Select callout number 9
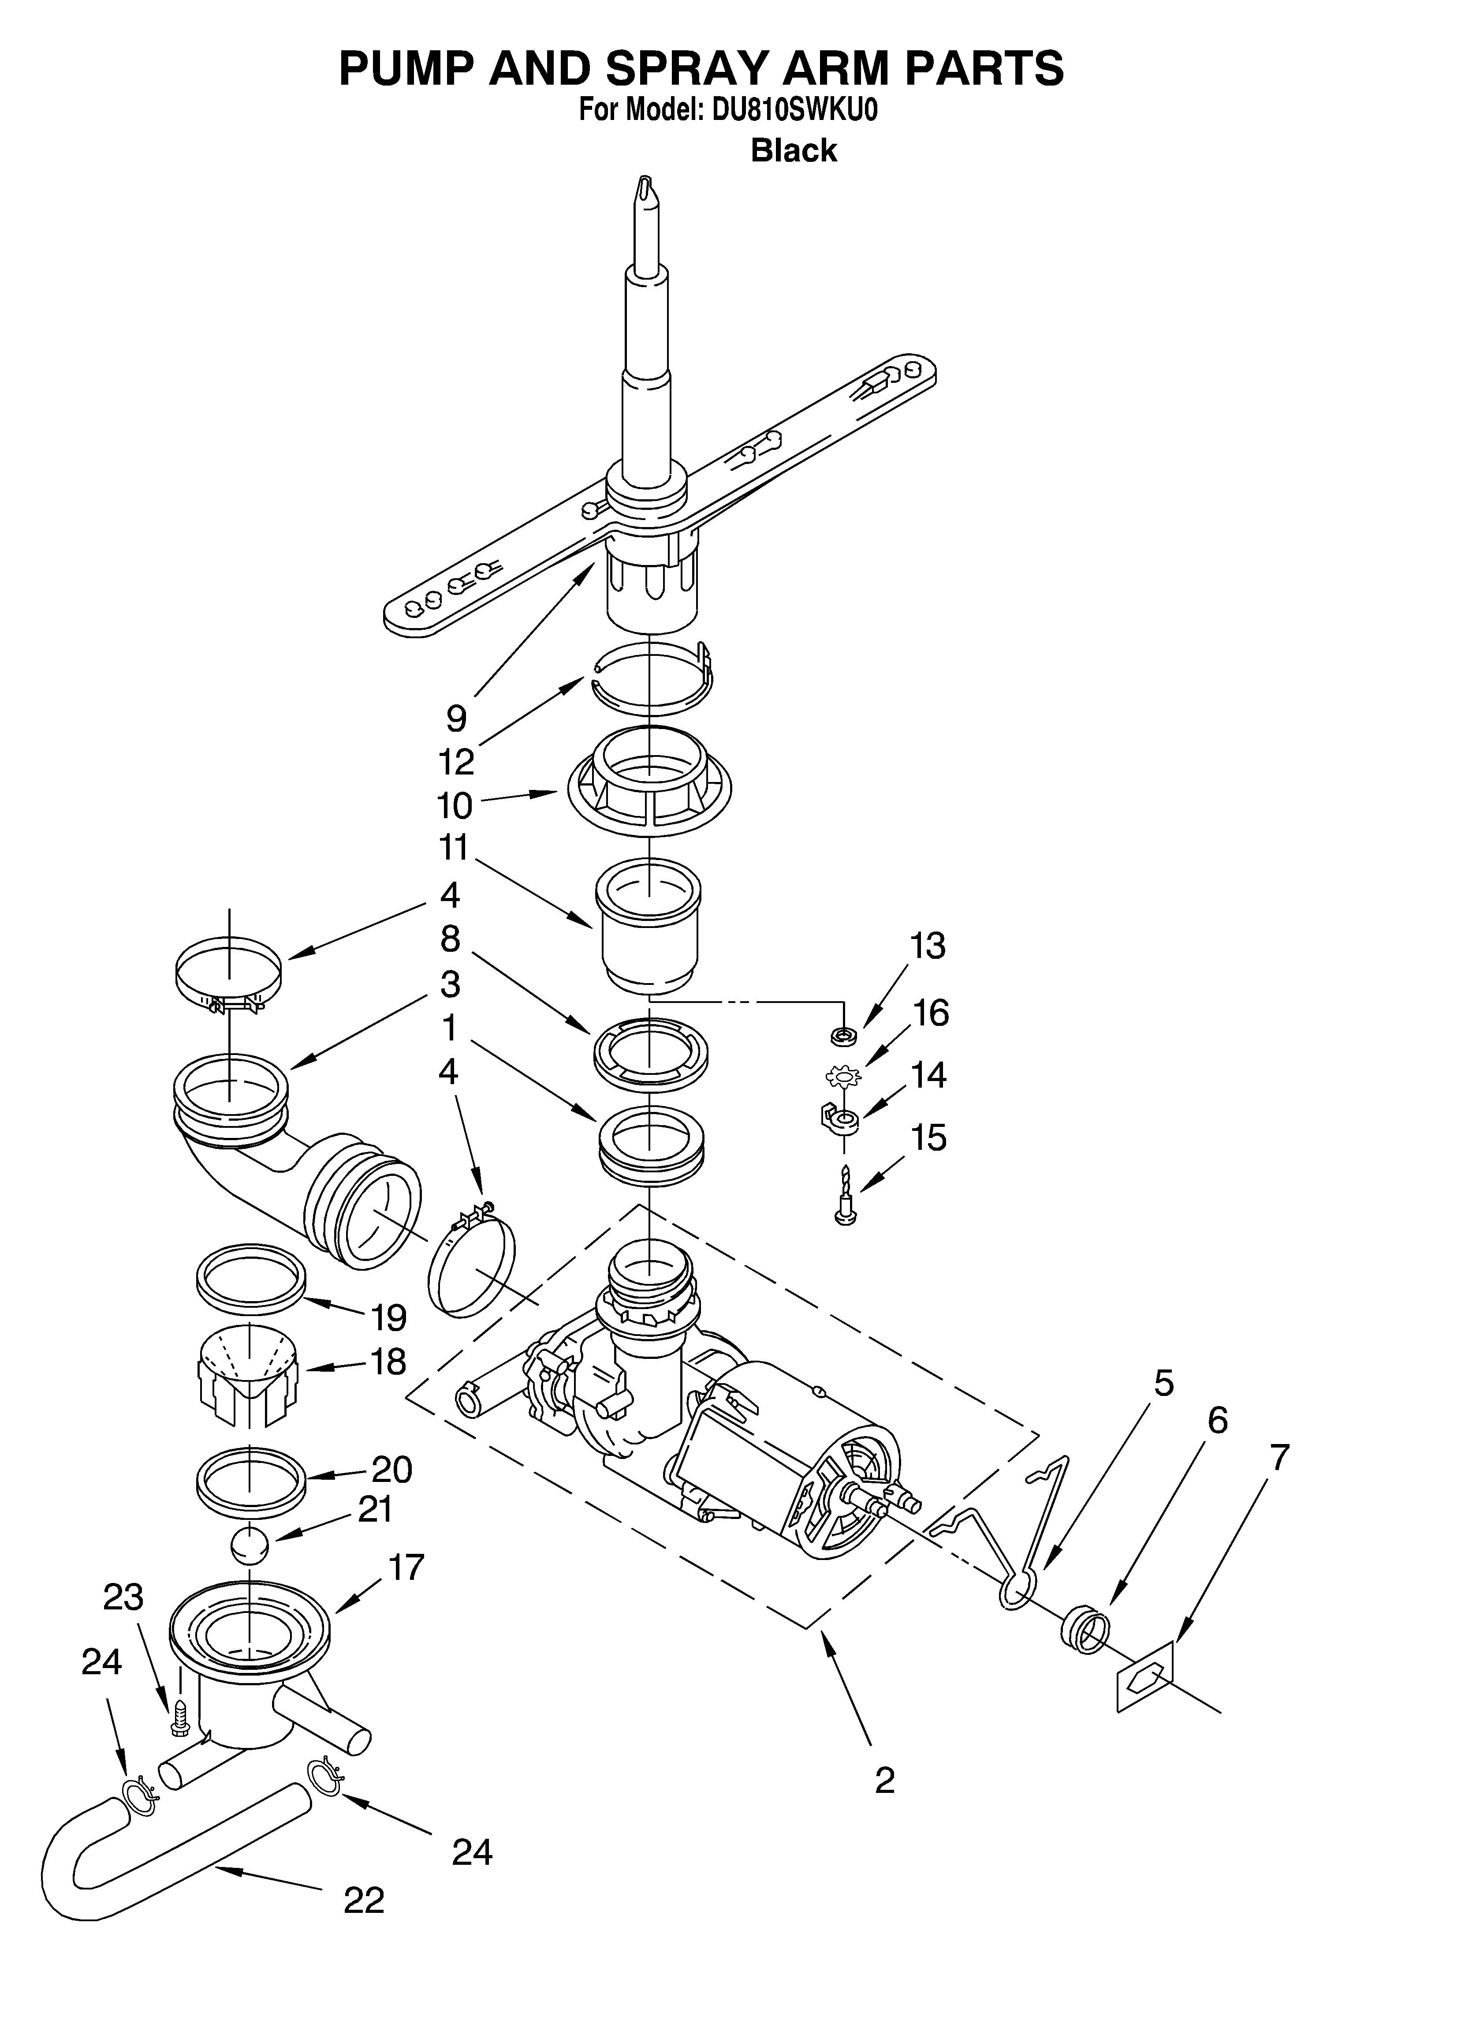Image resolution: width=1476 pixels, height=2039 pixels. pos(457,718)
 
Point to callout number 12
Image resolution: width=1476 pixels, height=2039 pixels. pos(456,761)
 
